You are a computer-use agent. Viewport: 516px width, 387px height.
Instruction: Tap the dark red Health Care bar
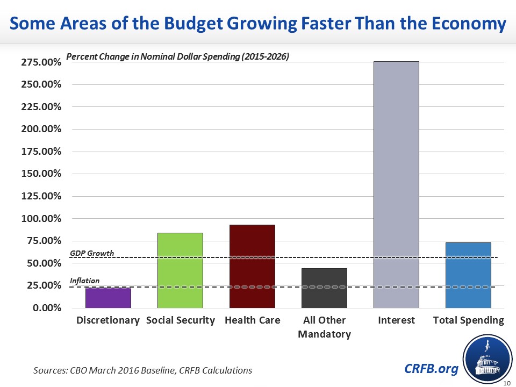[x=252, y=267]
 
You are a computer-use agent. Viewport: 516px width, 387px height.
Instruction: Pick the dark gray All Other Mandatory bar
[x=324, y=288]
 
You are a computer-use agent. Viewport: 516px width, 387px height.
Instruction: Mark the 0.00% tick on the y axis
[x=47, y=308]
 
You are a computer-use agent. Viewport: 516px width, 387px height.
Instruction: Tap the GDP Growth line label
[x=92, y=253]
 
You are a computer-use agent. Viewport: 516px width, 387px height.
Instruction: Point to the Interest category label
[x=396, y=320]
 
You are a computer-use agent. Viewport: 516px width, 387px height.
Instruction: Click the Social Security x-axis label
[x=180, y=320]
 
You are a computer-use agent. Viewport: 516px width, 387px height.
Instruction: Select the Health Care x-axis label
[x=252, y=320]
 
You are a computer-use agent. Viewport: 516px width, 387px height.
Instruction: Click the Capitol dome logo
[x=486, y=359]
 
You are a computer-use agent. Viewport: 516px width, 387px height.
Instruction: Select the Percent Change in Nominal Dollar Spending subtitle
[x=177, y=57]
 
